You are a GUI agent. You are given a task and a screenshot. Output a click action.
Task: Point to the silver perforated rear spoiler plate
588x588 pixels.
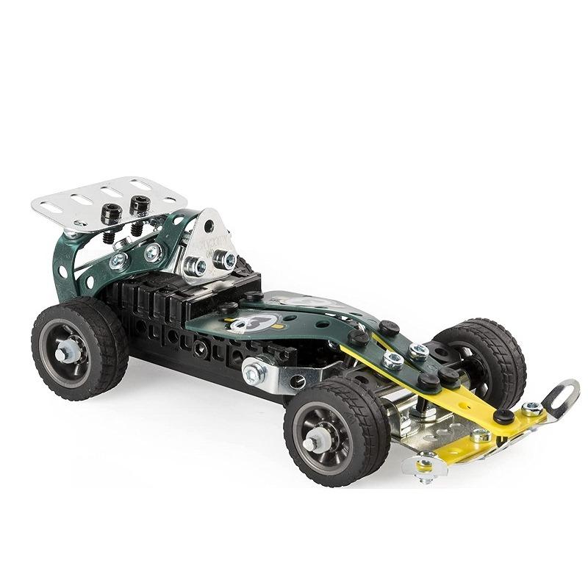110,196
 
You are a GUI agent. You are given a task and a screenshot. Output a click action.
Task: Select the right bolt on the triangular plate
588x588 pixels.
229,259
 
